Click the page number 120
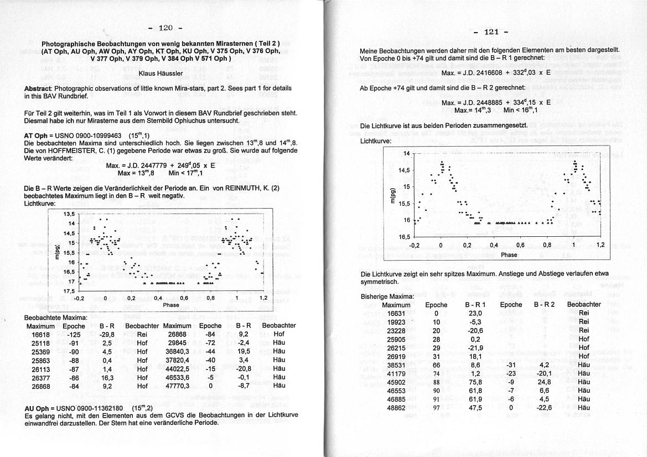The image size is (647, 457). click(166, 28)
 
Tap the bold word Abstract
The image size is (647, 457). click(38, 89)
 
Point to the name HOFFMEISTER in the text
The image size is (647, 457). click(67, 150)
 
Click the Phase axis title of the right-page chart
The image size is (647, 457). click(509, 255)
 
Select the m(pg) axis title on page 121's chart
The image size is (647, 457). click(394, 195)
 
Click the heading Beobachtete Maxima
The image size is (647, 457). click(56, 318)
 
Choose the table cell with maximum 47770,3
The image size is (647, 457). click(177, 386)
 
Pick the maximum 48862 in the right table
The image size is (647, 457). click(396, 408)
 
